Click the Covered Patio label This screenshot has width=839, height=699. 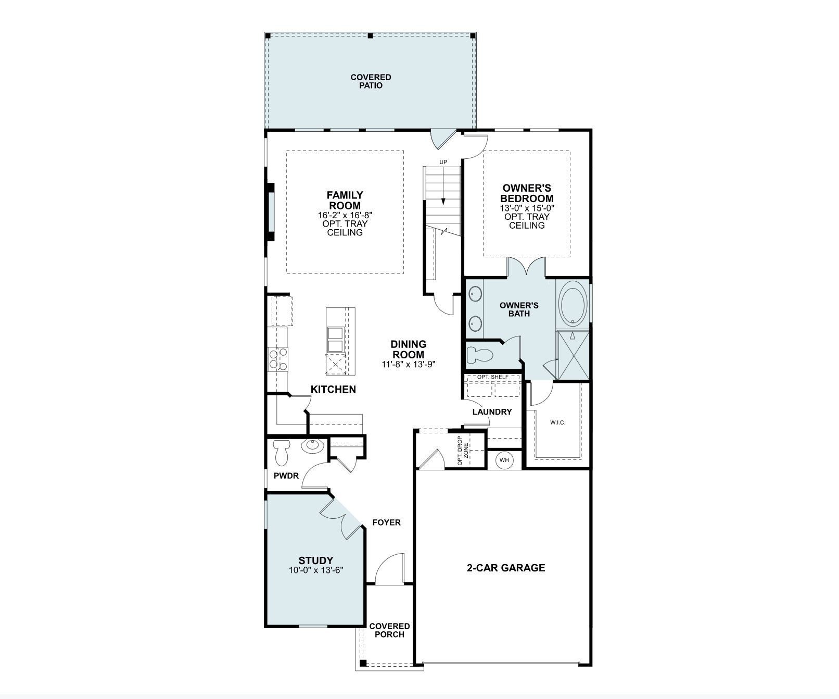click(371, 81)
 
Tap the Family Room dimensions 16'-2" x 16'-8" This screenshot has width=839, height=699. click(345, 215)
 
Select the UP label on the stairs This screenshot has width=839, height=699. click(443, 162)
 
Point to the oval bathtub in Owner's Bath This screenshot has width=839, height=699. click(573, 304)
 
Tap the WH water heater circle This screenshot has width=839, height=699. click(504, 460)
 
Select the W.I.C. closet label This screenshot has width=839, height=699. click(557, 422)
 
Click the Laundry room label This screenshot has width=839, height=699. click(492, 412)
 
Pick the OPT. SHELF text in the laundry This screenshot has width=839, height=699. click(492, 377)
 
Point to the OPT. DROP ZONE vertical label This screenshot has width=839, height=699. click(463, 450)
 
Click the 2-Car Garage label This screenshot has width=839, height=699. click(505, 568)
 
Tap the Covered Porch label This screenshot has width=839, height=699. click(389, 630)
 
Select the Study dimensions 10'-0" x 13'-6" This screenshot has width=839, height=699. click(316, 570)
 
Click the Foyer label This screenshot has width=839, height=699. click(386, 522)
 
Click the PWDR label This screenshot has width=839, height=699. click(286, 476)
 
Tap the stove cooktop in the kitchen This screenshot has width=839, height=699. click(278, 359)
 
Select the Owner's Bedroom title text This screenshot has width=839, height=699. click(527, 193)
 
